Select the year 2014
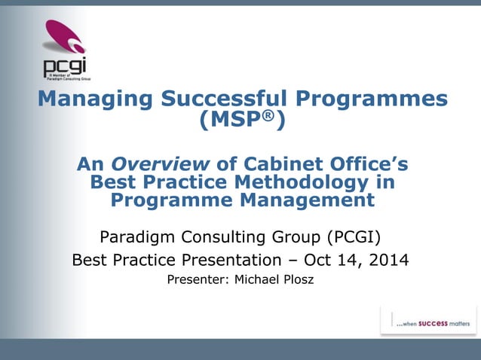[389, 261]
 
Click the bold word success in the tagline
[433, 324]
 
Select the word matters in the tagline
[460, 324]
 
